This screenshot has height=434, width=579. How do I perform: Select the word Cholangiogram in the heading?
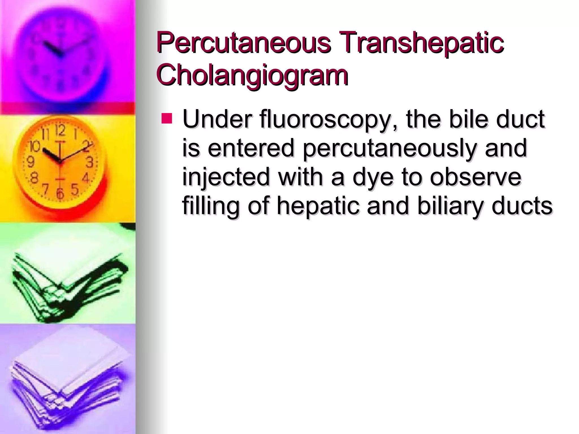point(252,75)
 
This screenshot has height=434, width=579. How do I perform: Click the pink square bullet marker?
point(167,119)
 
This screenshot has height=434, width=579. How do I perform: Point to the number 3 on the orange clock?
point(89,162)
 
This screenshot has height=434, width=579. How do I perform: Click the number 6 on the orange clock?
point(60,193)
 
